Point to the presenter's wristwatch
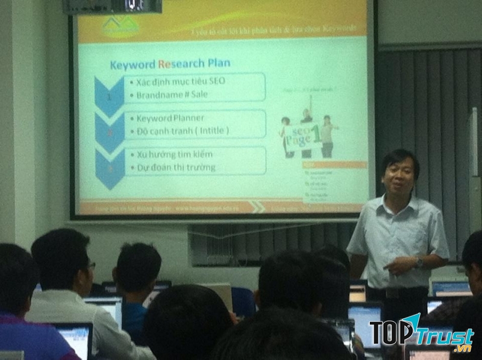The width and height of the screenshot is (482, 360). pos(418,262)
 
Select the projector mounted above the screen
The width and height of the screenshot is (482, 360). pos(112,6)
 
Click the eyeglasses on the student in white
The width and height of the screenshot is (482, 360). pos(91,265)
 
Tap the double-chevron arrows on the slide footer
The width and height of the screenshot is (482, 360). pos(258,207)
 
